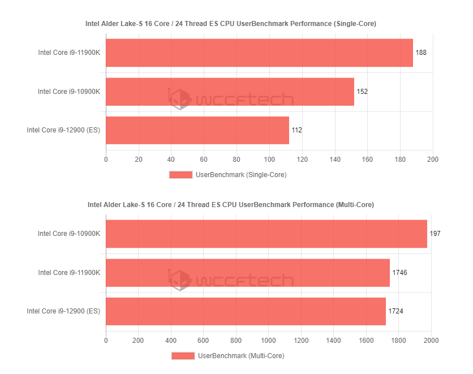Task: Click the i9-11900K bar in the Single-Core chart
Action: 259,53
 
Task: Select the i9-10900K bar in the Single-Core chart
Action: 230,92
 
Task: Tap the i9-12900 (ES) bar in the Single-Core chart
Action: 197,130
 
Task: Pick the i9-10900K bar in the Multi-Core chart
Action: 266,234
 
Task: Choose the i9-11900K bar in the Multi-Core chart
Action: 248,273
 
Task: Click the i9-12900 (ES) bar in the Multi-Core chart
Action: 246,311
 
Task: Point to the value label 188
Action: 421,53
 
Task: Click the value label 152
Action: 362,92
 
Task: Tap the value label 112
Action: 296,130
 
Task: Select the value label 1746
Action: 399,273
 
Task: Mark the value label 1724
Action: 395,311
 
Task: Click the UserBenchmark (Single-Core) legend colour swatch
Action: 180,175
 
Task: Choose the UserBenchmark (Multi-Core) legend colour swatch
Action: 183,356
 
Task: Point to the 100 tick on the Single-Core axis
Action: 269,160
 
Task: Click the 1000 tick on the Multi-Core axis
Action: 269,341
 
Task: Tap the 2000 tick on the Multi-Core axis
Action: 431,341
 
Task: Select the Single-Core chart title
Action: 231,24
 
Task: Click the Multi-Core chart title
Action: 231,204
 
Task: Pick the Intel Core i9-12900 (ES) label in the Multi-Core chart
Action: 63,311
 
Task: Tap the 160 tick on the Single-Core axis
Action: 367,160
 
